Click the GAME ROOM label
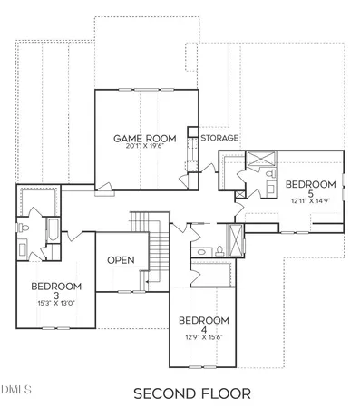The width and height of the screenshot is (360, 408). [143, 138]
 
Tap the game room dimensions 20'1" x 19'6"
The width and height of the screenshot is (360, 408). [143, 147]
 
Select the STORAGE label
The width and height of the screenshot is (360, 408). [219, 138]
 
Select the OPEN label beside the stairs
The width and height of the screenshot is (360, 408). [121, 260]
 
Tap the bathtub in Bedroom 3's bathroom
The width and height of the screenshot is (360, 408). [52, 232]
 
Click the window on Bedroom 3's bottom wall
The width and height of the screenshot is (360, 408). [50, 325]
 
